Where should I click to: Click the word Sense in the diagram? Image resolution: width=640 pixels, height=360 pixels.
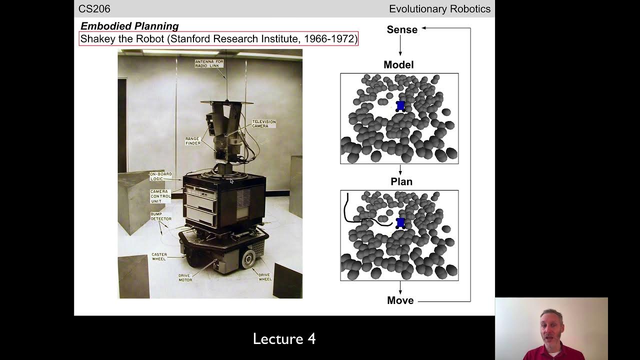point(402,29)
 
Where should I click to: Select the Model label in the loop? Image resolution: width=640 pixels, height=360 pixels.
point(398,64)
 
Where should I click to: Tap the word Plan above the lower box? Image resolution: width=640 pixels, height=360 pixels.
point(401,181)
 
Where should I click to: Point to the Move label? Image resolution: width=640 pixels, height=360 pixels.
point(400,300)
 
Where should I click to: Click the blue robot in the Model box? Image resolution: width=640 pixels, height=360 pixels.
point(400,106)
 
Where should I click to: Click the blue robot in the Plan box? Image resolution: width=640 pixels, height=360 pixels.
point(400,223)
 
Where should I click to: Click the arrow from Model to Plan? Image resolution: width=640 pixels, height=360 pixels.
point(400,170)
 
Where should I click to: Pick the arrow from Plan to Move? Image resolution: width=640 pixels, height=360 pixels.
point(400,287)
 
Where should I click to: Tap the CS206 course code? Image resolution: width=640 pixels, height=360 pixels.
point(94,9)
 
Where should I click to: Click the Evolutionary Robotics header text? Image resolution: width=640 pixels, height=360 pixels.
point(439,9)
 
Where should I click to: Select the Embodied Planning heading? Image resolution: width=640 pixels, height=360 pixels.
point(129,26)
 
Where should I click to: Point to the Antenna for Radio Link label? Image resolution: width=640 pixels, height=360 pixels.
point(209,63)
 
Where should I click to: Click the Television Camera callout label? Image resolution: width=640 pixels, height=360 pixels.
point(263,123)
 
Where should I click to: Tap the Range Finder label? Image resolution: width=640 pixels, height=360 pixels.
point(193,141)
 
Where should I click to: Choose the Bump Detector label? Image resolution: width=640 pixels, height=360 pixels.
point(161,216)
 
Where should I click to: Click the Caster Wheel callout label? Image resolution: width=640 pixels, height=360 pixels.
point(159,256)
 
